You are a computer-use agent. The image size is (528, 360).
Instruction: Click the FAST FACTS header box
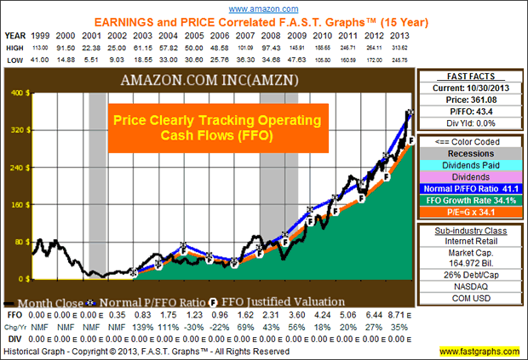tap(469, 77)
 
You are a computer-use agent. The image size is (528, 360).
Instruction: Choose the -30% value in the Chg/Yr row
tap(193, 325)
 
